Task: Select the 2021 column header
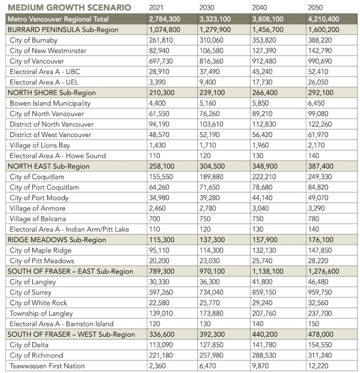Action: point(157,8)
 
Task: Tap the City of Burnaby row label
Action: point(33,40)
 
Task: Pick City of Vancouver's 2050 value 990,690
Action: point(321,61)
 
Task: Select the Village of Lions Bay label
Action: point(40,145)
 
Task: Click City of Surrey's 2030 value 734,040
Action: point(212,292)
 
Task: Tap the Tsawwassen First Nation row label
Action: point(47,366)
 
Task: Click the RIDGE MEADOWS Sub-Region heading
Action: point(57,240)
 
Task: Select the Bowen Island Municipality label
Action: point(50,103)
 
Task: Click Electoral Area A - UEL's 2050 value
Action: point(318,82)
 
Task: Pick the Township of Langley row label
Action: point(41,313)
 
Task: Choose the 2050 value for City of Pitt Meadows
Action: point(318,261)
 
